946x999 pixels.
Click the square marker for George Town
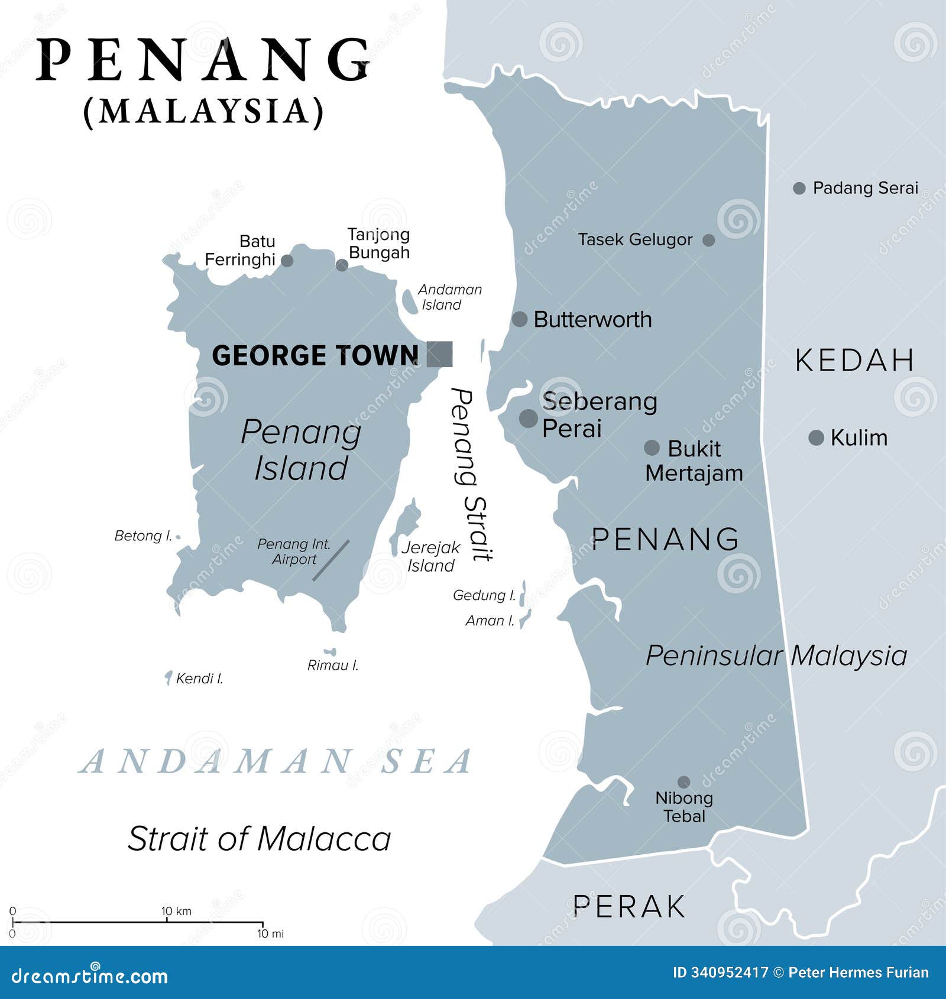point(439,354)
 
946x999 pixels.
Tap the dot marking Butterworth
point(519,319)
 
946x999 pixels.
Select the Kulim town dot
point(816,438)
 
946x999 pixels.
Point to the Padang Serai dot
point(799,189)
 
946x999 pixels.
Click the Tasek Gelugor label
point(634,239)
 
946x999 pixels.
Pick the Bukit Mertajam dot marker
point(652,447)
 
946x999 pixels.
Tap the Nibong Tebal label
point(684,807)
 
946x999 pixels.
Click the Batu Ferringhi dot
point(287,261)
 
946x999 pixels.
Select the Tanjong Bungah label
point(378,243)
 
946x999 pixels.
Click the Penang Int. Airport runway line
point(331,560)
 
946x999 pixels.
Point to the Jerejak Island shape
point(405,523)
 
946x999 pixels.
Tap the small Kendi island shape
point(169,677)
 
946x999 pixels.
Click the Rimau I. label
point(332,666)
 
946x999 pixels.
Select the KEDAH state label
point(854,361)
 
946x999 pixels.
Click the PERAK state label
point(629,907)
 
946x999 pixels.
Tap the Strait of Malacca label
point(259,839)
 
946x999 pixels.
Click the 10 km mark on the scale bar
point(167,921)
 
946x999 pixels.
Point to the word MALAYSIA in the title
point(204,111)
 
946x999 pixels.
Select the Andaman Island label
point(449,297)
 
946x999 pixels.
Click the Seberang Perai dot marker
point(528,419)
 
